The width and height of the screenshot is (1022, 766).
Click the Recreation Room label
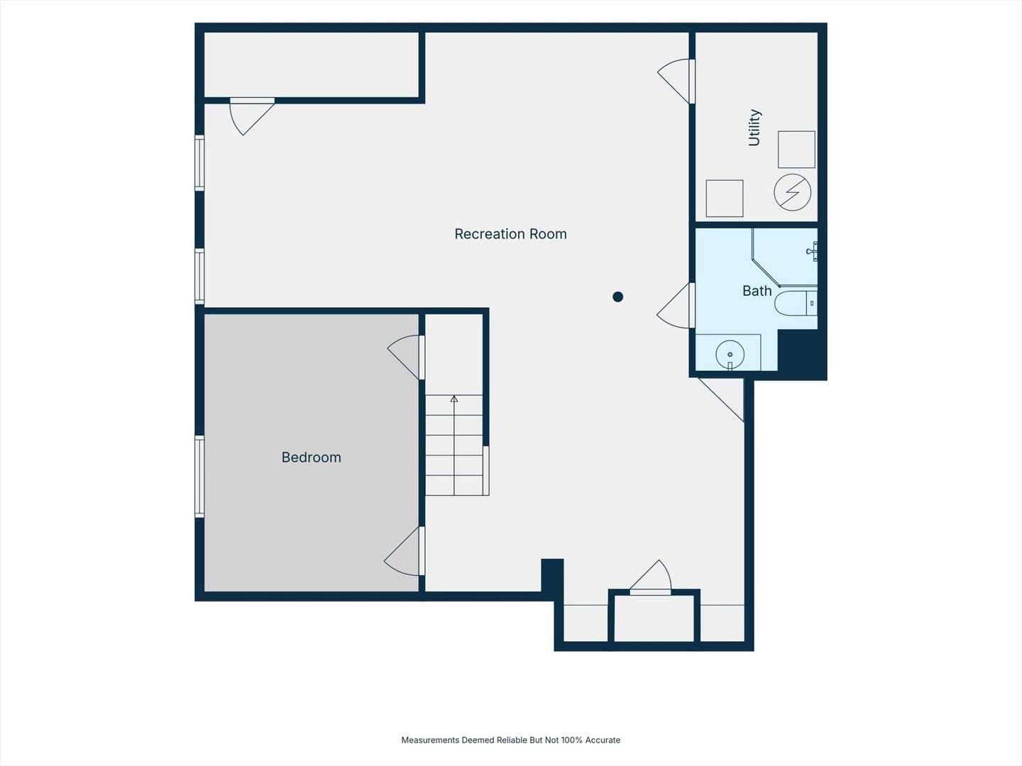coord(510,233)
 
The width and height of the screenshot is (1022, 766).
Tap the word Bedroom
coord(311,457)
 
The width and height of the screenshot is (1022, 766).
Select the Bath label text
coord(757,291)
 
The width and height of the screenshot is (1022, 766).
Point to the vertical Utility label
coord(754,128)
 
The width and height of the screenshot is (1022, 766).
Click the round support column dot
coord(618,296)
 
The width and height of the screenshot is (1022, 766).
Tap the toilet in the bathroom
coord(796,304)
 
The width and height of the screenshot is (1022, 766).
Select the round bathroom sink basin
coord(730,354)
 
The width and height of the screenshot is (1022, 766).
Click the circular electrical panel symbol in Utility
coord(793,192)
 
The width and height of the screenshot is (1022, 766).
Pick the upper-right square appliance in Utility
coord(796,149)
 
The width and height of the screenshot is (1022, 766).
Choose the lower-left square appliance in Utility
coord(725,198)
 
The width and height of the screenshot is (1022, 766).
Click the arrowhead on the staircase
coord(454,399)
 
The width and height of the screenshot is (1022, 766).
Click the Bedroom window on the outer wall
coord(199,476)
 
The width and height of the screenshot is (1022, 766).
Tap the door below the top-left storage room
coord(252,116)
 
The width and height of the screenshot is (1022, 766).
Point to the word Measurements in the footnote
coord(430,740)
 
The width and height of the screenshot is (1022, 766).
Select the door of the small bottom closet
coord(650,577)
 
